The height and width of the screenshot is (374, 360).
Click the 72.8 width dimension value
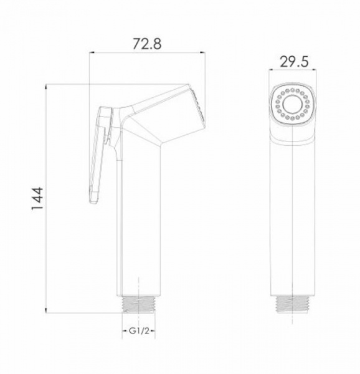pyautogui.click(x=147, y=44)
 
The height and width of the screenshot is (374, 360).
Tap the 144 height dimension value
pyautogui.click(x=37, y=198)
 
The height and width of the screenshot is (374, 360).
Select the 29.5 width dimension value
pyautogui.click(x=294, y=62)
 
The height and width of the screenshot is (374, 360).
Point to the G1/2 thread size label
pyautogui.click(x=139, y=331)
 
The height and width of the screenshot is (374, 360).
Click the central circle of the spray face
pyautogui.click(x=292, y=104)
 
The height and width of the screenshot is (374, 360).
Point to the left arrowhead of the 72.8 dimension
pyautogui.click(x=92, y=52)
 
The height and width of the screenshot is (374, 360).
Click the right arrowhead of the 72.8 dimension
pyautogui.click(x=202, y=52)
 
